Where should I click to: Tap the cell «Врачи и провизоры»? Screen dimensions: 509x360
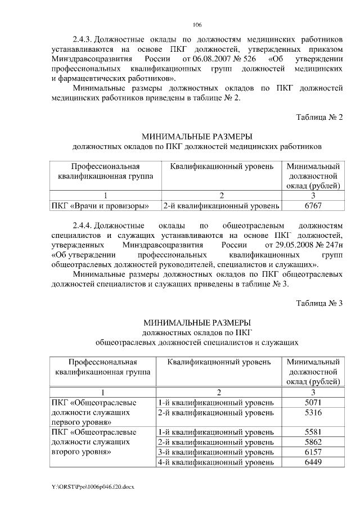[100, 206]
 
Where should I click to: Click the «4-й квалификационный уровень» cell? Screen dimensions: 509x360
[216, 462]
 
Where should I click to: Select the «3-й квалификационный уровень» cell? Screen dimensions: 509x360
[216, 452]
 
